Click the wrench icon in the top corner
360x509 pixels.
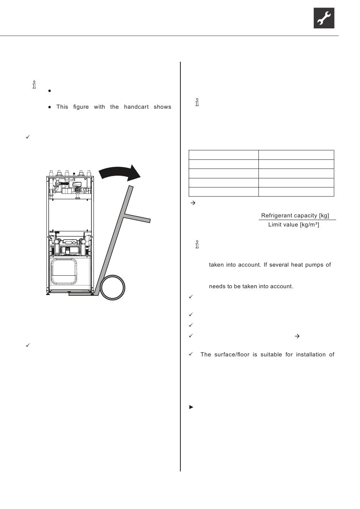[324, 18]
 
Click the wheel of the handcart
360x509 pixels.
[113, 288]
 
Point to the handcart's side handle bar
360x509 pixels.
[137, 218]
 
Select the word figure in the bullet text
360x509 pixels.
[81, 107]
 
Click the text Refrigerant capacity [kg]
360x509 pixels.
[295, 215]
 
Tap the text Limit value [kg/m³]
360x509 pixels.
[294, 225]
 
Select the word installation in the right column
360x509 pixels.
[310, 354]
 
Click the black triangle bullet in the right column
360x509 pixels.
[191, 407]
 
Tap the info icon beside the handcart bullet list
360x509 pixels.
[34, 85]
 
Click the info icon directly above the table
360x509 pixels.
[197, 102]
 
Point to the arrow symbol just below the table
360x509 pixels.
[192, 203]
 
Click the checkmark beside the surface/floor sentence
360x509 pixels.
[191, 354]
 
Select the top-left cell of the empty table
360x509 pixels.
[224, 155]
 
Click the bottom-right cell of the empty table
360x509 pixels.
[296, 192]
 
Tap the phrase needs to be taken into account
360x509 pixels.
[251, 286]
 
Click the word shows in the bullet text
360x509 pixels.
[163, 107]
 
